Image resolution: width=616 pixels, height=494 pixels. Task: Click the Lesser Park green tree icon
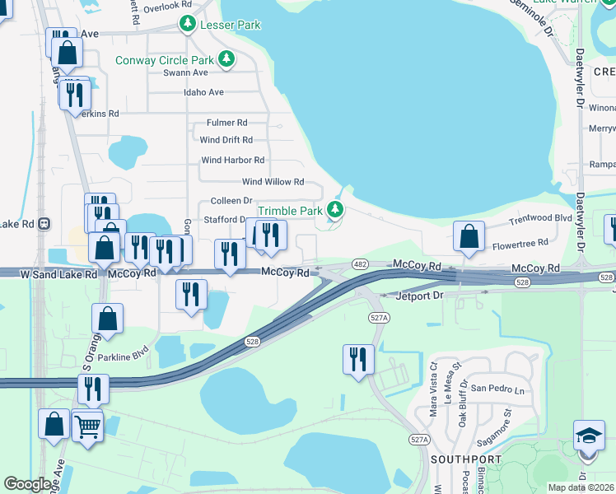pyautogui.click(x=189, y=24)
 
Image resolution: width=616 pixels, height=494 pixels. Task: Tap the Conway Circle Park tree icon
pyautogui.click(x=226, y=59)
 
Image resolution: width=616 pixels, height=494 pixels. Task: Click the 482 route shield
pyautogui.click(x=359, y=264)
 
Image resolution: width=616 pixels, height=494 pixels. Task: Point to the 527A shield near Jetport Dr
pyautogui.click(x=378, y=317)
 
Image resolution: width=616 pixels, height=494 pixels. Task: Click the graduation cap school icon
pyautogui.click(x=589, y=435)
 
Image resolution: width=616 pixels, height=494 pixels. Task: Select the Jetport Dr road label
pyautogui.click(x=419, y=295)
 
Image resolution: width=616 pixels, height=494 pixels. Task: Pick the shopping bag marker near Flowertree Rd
pyautogui.click(x=469, y=236)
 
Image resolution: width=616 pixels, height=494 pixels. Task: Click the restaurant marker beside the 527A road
pyautogui.click(x=358, y=359)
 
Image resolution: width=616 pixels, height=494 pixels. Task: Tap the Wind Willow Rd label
pyautogui.click(x=273, y=182)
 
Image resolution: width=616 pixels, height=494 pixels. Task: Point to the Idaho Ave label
pyautogui.click(x=204, y=92)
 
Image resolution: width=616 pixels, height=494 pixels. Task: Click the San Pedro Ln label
pyautogui.click(x=497, y=388)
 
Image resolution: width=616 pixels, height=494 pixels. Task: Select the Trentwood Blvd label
pyautogui.click(x=540, y=218)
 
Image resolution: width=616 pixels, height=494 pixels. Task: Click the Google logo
pyautogui.click(x=27, y=484)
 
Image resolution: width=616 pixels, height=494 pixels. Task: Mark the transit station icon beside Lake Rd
pyautogui.click(x=44, y=223)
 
